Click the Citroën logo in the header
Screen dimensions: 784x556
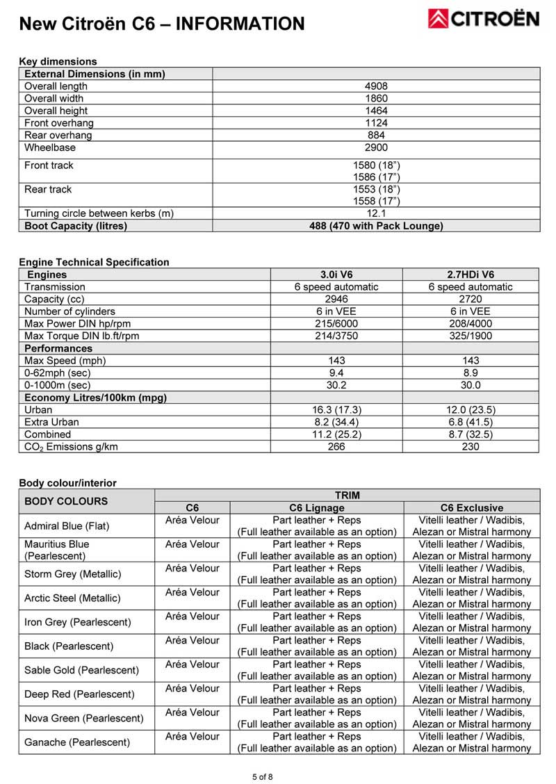pos(484,19)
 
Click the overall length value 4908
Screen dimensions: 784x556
pos(376,86)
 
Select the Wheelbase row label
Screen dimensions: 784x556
pos(50,147)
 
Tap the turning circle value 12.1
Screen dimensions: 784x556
pos(376,213)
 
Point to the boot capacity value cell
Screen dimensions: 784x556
pos(376,226)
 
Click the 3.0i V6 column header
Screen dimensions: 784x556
pos(336,275)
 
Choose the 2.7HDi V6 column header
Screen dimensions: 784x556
pos(471,275)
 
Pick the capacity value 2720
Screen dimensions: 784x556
pos(471,299)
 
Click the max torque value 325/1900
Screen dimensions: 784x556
pos(471,336)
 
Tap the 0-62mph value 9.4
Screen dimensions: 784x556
pos(336,373)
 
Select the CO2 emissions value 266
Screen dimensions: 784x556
pos(336,446)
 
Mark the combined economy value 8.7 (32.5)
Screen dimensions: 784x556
pos(471,434)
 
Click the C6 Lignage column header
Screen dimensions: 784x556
pos(316,508)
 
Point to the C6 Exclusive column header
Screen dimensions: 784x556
pos(472,508)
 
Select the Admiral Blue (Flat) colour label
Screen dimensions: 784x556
pos(67,526)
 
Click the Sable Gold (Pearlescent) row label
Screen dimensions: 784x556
pos(81,670)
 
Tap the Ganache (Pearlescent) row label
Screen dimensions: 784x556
pos(77,742)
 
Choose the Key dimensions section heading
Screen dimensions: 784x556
pos(58,61)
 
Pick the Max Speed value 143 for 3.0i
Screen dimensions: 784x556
pos(336,360)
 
